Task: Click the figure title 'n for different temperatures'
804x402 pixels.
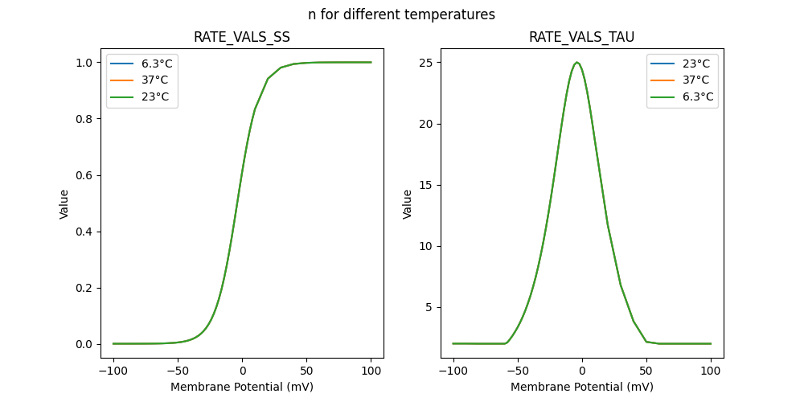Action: pyautogui.click(x=401, y=14)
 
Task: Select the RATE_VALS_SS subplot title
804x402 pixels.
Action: pyautogui.click(x=241, y=37)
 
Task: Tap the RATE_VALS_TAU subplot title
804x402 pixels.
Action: pyautogui.click(x=581, y=37)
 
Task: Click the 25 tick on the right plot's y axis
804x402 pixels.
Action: pyautogui.click(x=426, y=63)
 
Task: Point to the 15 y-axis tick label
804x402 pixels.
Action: pyautogui.click(x=426, y=185)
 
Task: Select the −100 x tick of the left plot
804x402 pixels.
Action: pyautogui.click(x=113, y=371)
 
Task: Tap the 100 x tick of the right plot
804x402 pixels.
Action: pyautogui.click(x=711, y=371)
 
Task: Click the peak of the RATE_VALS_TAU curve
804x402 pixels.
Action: pyautogui.click(x=576, y=63)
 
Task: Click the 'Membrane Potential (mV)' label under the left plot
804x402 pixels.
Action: pyautogui.click(x=241, y=387)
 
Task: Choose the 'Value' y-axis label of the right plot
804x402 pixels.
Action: pyautogui.click(x=408, y=204)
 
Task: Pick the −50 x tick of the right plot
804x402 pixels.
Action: pyautogui.click(x=518, y=371)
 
